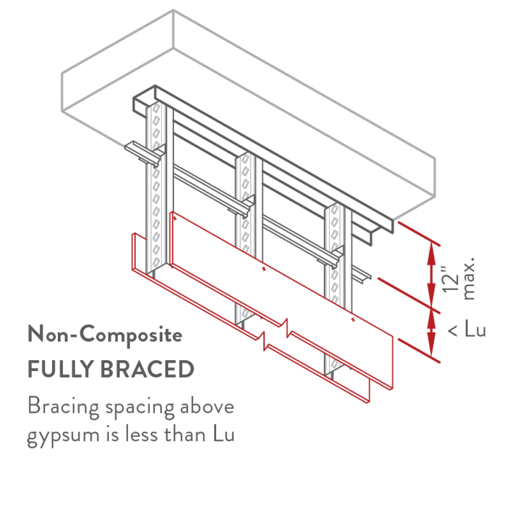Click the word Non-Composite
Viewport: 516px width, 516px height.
point(105,335)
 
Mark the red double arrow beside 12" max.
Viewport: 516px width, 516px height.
point(431,277)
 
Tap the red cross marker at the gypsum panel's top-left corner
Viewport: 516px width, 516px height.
point(176,219)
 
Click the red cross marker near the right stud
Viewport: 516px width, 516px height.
point(352,320)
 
